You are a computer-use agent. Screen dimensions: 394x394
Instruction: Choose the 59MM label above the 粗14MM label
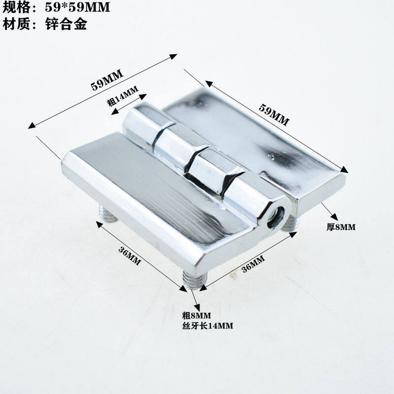107,79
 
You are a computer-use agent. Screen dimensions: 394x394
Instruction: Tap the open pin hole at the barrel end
277,216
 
